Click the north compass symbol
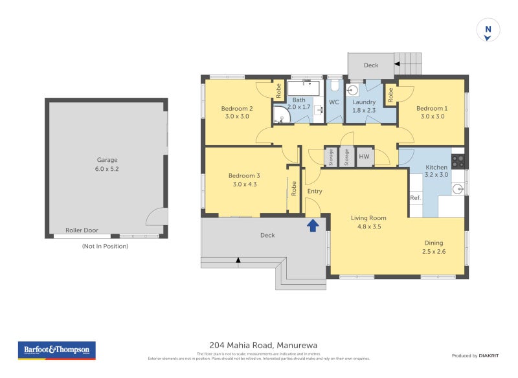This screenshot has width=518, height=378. pos(488,30)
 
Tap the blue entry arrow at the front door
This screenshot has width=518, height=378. pos(312,225)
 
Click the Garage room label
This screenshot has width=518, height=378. pos(107,160)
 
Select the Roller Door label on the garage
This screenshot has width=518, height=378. pos(82,230)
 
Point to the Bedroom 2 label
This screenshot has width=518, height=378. pos(236,108)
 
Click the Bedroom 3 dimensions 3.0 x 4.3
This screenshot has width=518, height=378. pos(244,184)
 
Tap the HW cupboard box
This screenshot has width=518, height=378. pos(365,157)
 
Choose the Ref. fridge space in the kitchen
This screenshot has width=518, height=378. pos(415,197)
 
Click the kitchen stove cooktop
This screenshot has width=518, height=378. pos(458,161)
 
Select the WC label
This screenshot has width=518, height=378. pos(334,102)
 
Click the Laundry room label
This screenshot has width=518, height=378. pos(364,102)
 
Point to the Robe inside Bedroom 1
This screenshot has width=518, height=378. pos(390,95)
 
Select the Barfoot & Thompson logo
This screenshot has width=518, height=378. pos(56,350)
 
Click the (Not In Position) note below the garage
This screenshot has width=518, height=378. pos(105,247)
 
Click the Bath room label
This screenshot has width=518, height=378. pos(298,100)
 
